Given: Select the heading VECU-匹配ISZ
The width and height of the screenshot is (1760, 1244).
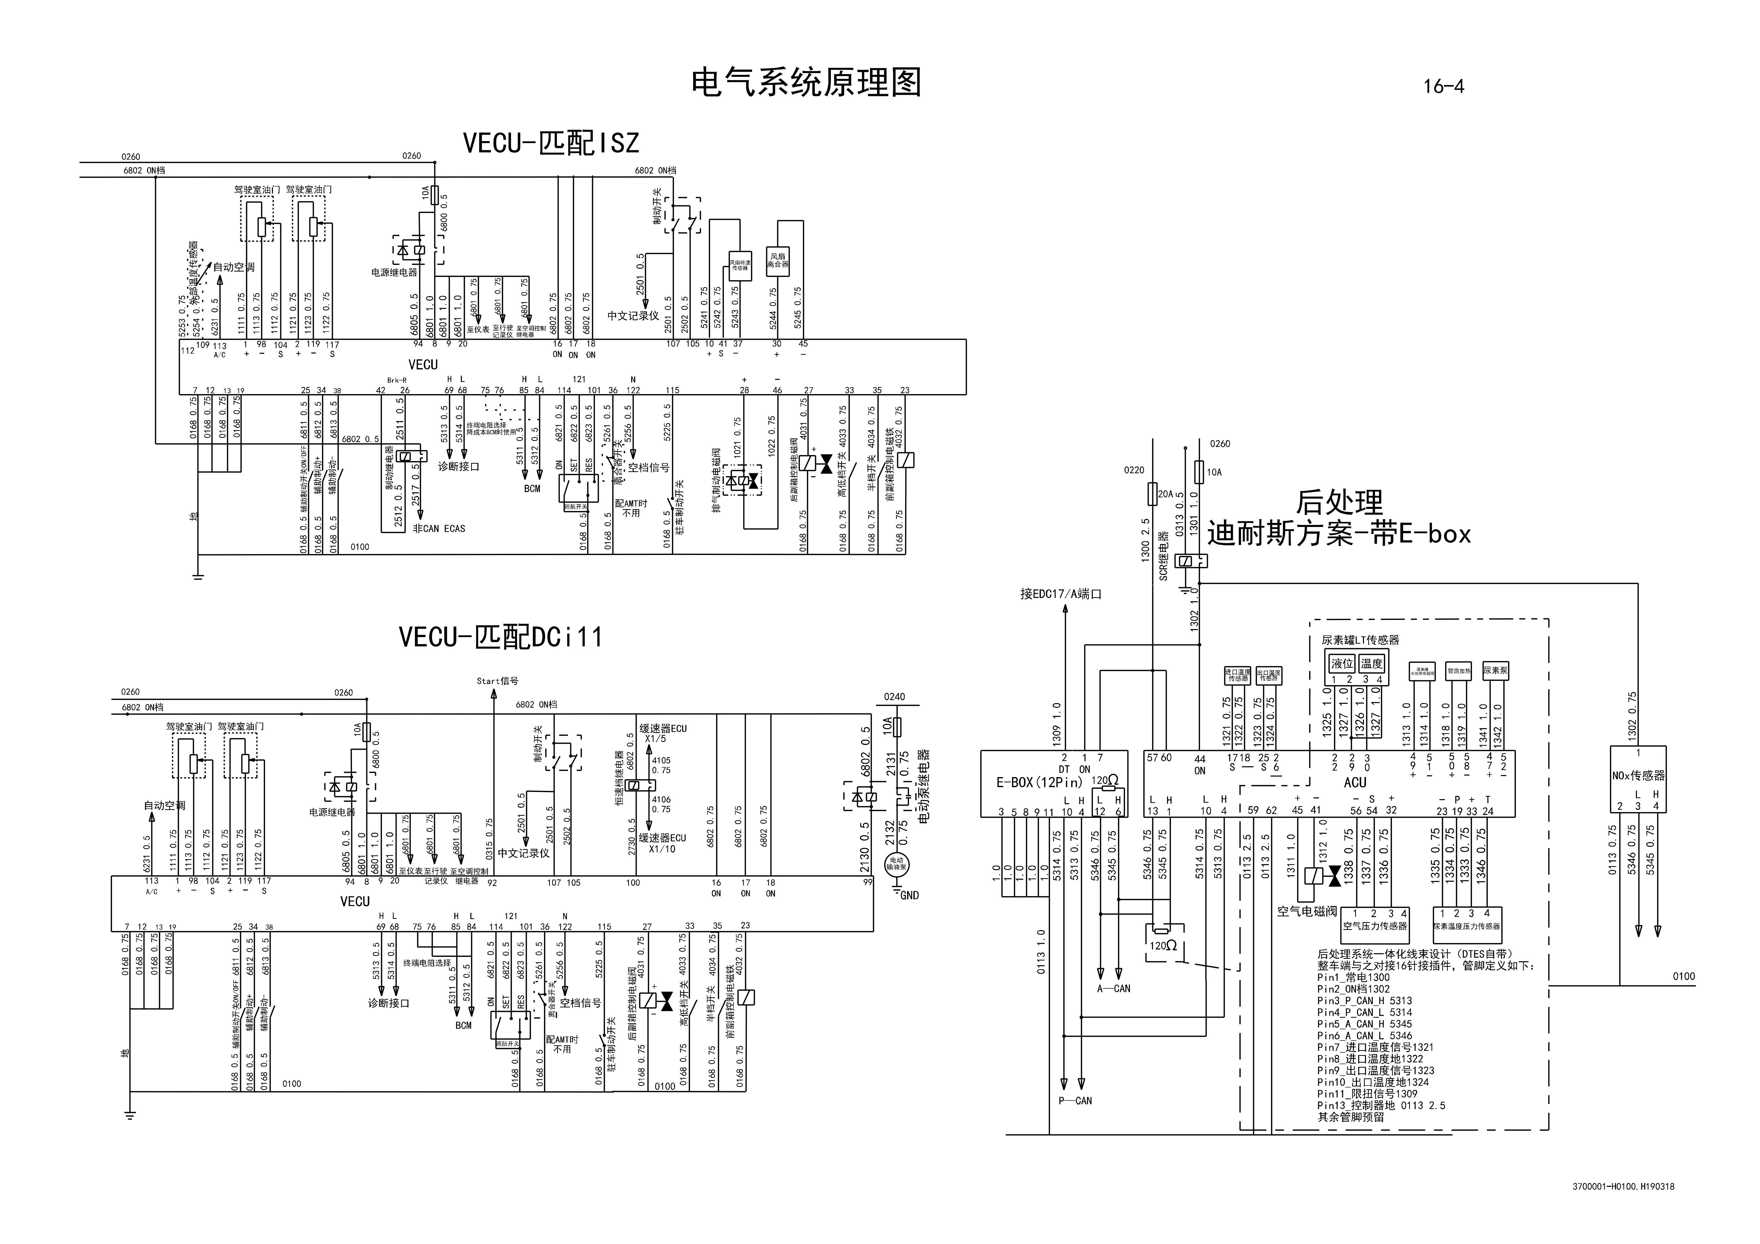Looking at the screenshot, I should tap(550, 143).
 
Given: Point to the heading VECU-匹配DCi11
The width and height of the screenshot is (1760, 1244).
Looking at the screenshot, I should tap(500, 637).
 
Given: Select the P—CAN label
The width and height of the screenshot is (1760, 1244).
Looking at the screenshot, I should tap(1073, 1101).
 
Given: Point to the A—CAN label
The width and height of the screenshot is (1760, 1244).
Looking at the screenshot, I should tap(1114, 989).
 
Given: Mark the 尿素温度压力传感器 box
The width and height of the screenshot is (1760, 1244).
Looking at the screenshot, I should tap(1467, 926).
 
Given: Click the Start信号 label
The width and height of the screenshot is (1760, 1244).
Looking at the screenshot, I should tap(497, 681).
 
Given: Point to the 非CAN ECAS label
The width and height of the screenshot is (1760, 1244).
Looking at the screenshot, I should tap(438, 529).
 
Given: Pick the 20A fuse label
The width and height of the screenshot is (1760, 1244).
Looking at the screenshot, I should tap(1164, 494).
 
